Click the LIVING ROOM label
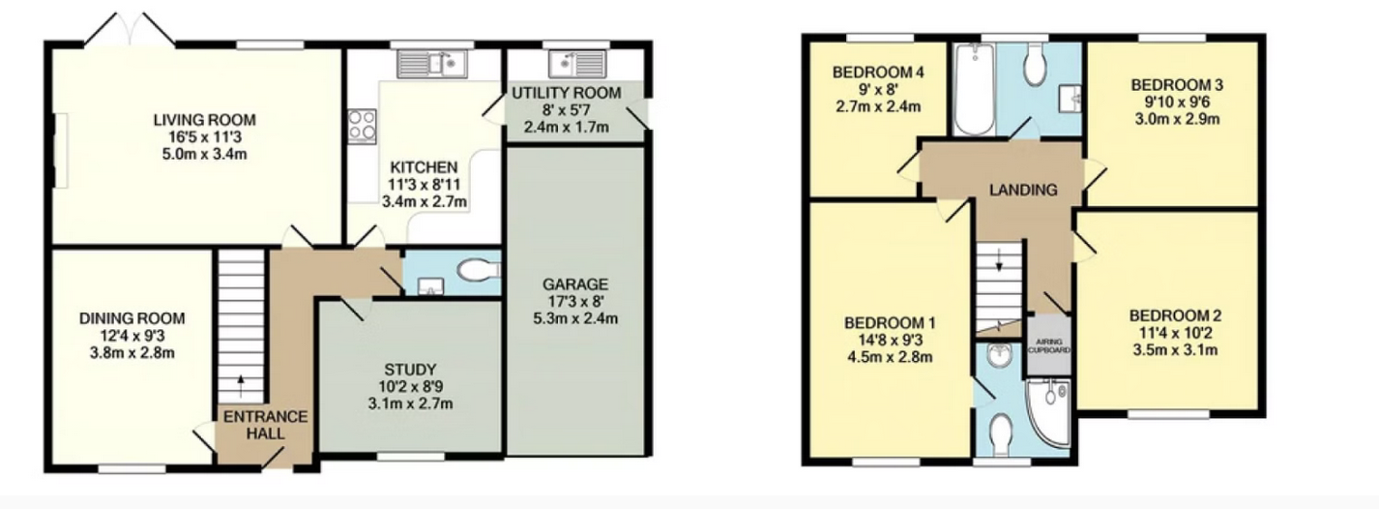click(204, 120)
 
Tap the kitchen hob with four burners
click(362, 126)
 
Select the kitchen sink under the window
click(432, 64)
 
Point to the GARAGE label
click(575, 284)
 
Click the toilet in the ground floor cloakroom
click(479, 269)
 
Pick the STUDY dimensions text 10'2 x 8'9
click(410, 387)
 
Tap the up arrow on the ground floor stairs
click(241, 387)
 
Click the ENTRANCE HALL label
click(265, 425)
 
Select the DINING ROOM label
click(132, 318)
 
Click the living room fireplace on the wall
click(60, 150)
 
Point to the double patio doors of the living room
click(130, 30)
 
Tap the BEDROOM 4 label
click(878, 73)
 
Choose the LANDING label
click(1023, 190)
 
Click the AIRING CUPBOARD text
click(1049, 345)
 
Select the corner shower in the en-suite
click(1048, 411)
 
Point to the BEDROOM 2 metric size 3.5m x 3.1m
click(1175, 350)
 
